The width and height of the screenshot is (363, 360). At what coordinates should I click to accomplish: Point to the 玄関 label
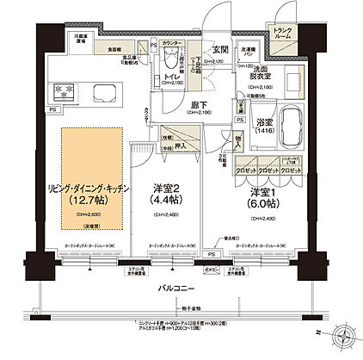pos(195,49)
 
